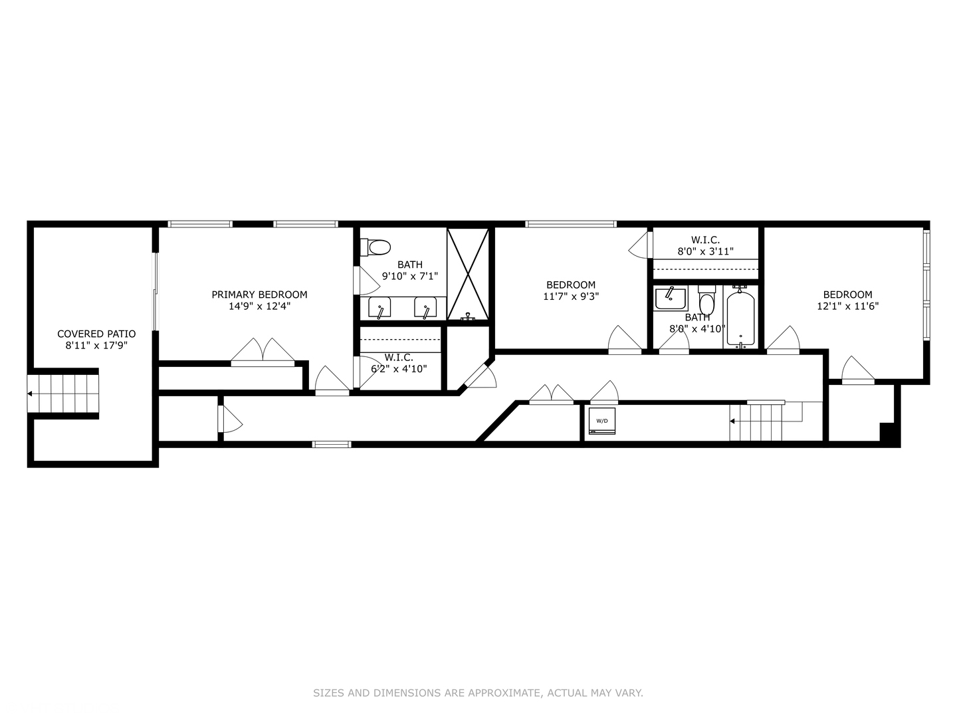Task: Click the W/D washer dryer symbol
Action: pyautogui.click(x=601, y=421)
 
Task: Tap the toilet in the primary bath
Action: pyautogui.click(x=375, y=247)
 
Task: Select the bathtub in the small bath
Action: pyautogui.click(x=741, y=317)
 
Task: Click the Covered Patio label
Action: pyautogui.click(x=96, y=334)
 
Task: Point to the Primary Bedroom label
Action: pyautogui.click(x=259, y=295)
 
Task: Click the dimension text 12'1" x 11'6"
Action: pyautogui.click(x=847, y=306)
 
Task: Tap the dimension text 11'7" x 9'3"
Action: pyautogui.click(x=571, y=297)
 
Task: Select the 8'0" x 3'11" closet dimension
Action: pyautogui.click(x=705, y=251)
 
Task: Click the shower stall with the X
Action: pyautogui.click(x=468, y=274)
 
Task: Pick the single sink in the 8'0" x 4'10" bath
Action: pyautogui.click(x=671, y=299)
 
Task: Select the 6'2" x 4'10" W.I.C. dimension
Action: pyautogui.click(x=399, y=369)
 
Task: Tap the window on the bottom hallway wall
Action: pyautogui.click(x=332, y=444)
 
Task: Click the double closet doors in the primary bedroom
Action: pyautogui.click(x=263, y=352)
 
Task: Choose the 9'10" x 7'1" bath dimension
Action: pyautogui.click(x=410, y=276)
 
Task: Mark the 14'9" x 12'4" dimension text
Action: pyautogui.click(x=259, y=306)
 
